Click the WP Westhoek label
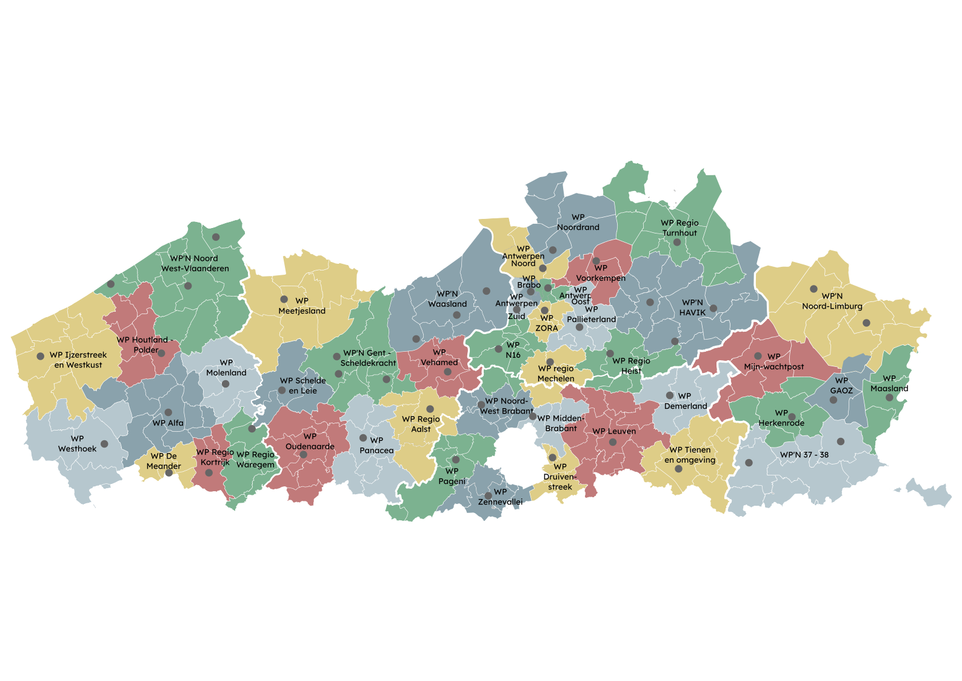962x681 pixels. [x=77, y=444]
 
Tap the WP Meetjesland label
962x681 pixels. [x=302, y=306]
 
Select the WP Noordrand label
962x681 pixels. [x=578, y=222]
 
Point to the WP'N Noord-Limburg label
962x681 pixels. [x=832, y=301]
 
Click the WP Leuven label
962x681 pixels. [x=614, y=431]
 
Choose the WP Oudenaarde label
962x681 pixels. [x=310, y=441]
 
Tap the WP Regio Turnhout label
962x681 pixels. [x=680, y=227]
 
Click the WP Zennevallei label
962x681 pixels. [x=500, y=497]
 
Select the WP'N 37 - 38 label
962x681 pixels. [x=804, y=454]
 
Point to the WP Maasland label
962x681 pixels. [x=889, y=383]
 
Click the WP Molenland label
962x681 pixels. [x=226, y=367]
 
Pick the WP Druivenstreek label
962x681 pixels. [x=560, y=477]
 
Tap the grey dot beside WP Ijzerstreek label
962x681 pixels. [x=41, y=357]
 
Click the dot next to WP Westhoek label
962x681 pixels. [x=104, y=444]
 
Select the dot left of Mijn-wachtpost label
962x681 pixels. [x=758, y=356]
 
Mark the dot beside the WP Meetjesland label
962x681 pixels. [x=284, y=299]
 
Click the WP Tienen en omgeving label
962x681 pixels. [x=690, y=455]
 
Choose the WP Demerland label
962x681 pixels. [x=686, y=401]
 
